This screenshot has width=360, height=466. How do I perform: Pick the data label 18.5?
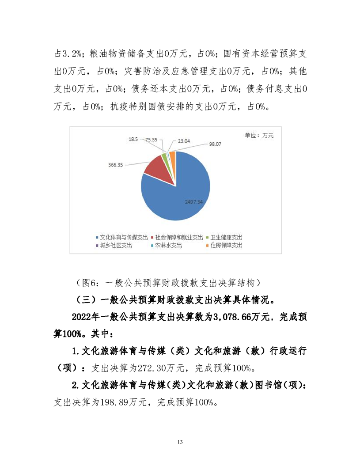[x=133, y=139]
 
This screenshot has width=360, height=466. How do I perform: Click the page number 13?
[x=179, y=442]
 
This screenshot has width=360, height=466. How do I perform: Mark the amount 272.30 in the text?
[x=138, y=368]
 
